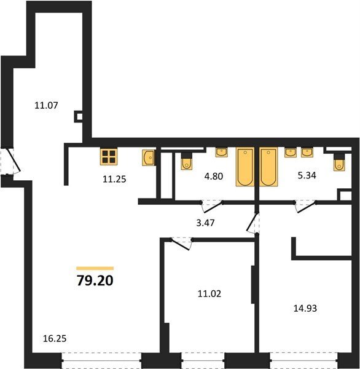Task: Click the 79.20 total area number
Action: [95, 280]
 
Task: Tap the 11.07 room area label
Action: [46, 105]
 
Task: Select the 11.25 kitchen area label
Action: [114, 179]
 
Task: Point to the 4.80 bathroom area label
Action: [214, 176]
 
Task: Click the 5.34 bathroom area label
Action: [307, 175]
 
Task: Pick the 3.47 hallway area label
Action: [206, 223]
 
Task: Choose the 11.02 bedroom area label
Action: [209, 294]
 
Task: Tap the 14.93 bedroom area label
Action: [305, 308]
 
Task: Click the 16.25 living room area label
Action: [55, 338]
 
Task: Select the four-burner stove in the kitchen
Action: [109, 157]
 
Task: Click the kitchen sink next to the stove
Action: [149, 158]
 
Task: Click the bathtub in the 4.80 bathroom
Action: [245, 167]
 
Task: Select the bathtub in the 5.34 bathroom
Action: [268, 167]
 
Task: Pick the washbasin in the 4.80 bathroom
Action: [222, 153]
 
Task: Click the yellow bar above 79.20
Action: [95, 268]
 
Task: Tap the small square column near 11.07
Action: [79, 116]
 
